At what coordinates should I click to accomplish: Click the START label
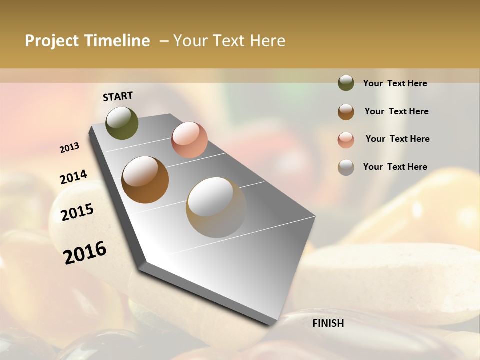118,96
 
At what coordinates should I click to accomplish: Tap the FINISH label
328,323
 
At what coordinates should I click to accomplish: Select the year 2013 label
70,148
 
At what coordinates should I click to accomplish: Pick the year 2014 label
73,177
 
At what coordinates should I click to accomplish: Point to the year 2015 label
77,212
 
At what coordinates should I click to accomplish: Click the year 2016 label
85,252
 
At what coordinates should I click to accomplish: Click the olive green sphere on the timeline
122,123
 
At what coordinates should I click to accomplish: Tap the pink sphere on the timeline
189,140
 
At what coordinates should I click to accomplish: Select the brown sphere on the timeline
145,179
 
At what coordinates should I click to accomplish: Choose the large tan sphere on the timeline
216,207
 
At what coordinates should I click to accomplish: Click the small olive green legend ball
346,83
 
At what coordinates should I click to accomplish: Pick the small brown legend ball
346,112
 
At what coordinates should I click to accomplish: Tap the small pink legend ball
346,140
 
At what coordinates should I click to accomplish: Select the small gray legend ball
346,167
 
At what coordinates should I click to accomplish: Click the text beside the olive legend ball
395,83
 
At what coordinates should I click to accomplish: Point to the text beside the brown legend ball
396,111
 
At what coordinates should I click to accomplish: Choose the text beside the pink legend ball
397,139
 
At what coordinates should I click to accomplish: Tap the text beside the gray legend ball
395,167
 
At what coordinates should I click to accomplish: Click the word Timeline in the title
117,41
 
